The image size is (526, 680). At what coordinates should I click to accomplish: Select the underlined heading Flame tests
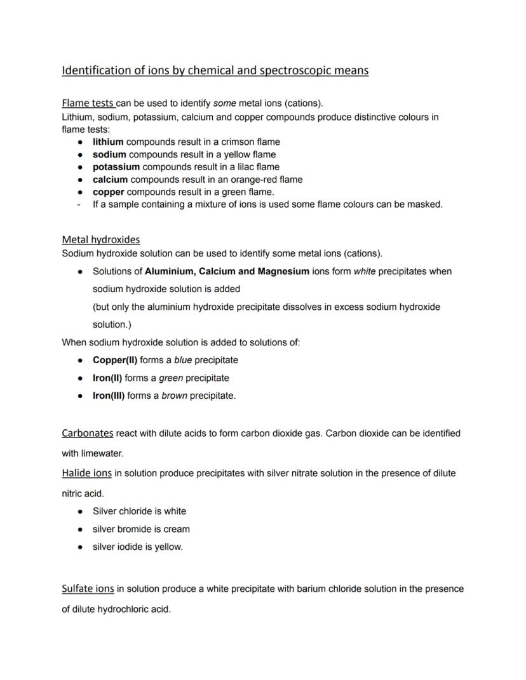tap(88, 103)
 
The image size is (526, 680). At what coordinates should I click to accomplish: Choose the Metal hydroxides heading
tap(100, 239)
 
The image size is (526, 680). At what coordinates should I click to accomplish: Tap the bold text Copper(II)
tap(115, 360)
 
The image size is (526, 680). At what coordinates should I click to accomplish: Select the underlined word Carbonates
tap(87, 433)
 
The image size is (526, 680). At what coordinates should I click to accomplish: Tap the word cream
tap(177, 529)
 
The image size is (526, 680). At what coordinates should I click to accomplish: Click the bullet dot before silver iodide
tap(80, 547)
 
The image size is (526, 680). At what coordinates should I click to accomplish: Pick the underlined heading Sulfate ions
tap(88, 589)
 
